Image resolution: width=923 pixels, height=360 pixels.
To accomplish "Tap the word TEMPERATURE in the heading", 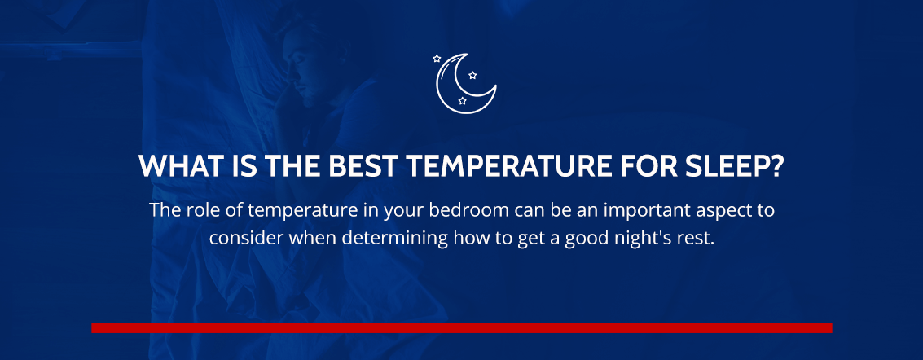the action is click(499, 167).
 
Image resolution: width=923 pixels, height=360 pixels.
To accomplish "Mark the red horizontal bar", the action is click(461, 327).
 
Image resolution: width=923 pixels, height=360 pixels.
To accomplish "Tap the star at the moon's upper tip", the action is click(437, 59).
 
